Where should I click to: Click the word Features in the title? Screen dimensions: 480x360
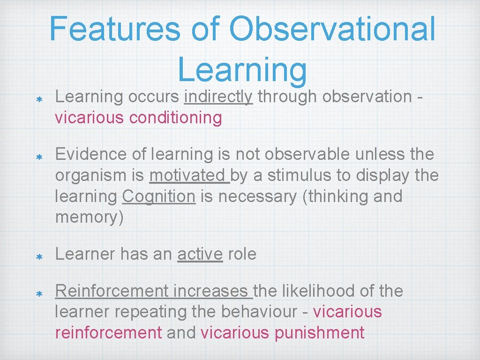[114, 29]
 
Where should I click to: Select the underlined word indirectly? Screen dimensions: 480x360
[219, 97]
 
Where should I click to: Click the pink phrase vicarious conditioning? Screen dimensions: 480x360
[138, 118]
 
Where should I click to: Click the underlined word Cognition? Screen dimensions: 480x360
[158, 196]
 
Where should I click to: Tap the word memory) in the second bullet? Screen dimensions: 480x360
[90, 218]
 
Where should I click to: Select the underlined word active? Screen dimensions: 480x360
[200, 254]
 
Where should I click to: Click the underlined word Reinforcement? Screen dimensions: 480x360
[112, 291]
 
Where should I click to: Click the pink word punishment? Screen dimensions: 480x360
[319, 332]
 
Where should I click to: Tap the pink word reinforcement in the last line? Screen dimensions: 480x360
[108, 332]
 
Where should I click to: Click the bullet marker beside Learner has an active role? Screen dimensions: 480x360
[40, 257]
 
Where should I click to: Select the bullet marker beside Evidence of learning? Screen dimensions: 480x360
[40, 157]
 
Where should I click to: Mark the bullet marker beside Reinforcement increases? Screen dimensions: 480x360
[40, 293]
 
